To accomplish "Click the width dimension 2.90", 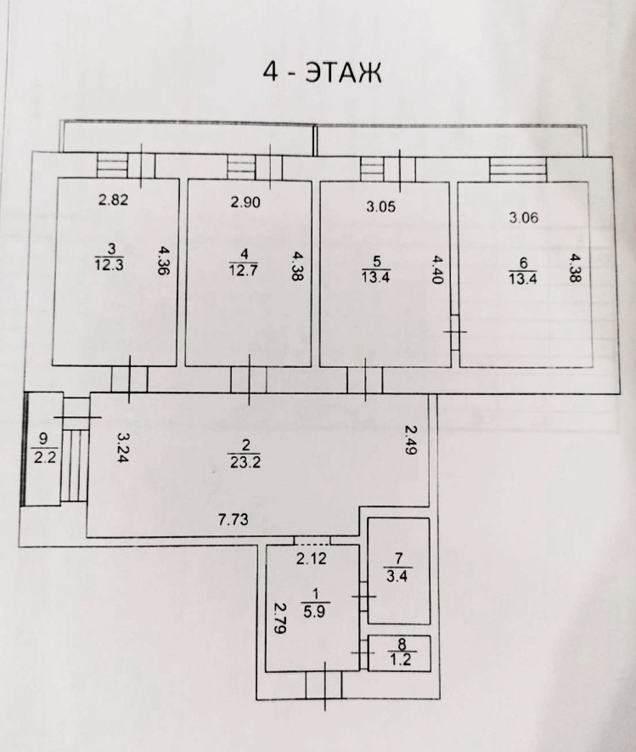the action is pos(245,204).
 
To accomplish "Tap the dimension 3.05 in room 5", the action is pos(380,206).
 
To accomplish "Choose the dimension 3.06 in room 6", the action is pos(524,218).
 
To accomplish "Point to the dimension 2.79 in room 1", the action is pos(280,620).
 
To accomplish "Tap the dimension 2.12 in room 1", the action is pos(312,558).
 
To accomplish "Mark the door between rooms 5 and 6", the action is pos(454,331).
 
